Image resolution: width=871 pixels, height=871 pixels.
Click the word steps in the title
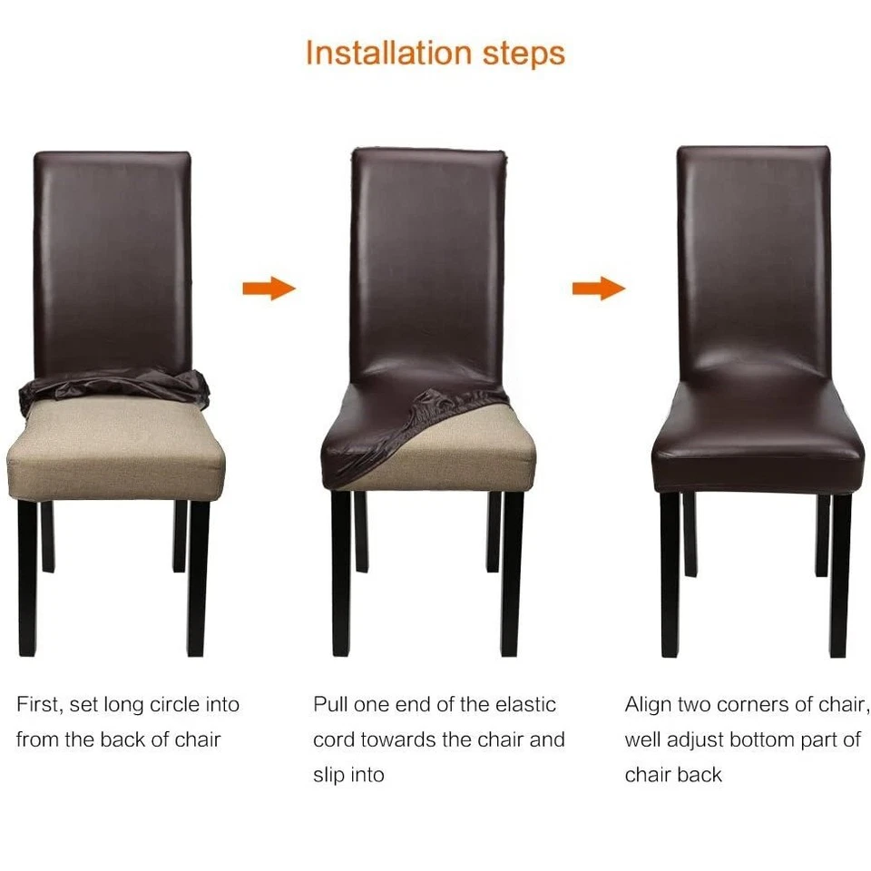pyautogui.click(x=524, y=54)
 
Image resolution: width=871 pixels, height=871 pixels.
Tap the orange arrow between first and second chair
pyautogui.click(x=269, y=289)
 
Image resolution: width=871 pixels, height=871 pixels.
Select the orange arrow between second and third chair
pyautogui.click(x=598, y=289)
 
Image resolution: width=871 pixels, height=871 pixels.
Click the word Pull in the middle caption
pyautogui.click(x=331, y=705)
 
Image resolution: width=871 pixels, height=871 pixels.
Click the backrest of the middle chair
pyautogui.click(x=426, y=263)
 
